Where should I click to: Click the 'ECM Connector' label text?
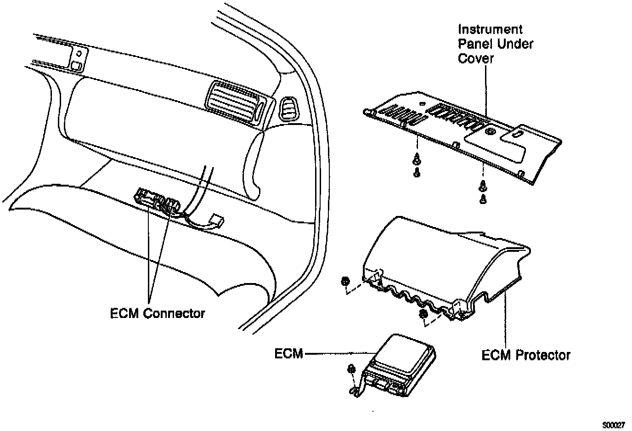tap(158, 313)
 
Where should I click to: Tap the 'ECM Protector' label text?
tap(526, 355)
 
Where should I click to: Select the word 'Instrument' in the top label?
tap(490, 29)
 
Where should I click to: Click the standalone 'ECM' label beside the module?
tap(288, 353)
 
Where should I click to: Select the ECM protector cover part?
tap(441, 262)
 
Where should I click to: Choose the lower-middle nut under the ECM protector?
tap(424, 314)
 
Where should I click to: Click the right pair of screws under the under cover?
tap(483, 192)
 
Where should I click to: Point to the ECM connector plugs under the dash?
tap(156, 200)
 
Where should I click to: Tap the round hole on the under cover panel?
tap(490, 132)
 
